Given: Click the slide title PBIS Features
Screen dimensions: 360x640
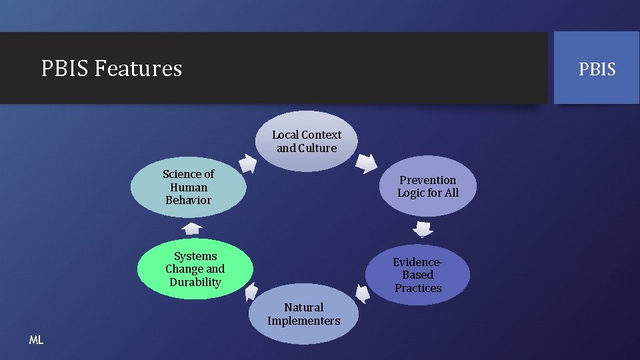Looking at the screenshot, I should pos(111,68).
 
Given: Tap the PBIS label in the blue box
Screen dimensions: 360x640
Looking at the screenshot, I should pos(597,69).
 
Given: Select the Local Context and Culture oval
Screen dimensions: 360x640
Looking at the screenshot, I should pos(306,141).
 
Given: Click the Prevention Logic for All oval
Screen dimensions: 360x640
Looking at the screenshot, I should pos(428,187).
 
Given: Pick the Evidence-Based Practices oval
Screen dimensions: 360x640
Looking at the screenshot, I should pos(418,275).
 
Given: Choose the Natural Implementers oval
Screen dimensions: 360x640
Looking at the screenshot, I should pos(303,314).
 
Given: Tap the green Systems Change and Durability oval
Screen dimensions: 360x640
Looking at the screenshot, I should pos(195,269).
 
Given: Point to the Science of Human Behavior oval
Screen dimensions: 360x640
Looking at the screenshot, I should pos(188,187).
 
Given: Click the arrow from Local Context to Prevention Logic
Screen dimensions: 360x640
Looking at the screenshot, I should pos(366,163).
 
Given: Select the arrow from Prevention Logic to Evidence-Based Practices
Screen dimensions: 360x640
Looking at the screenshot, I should pos(423,229).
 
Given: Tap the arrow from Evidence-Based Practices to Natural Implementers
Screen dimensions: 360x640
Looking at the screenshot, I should pos(363,293).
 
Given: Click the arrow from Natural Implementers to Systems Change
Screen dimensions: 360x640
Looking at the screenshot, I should pos(251,291).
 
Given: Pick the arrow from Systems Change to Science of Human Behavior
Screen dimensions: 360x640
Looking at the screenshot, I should pos(191,229).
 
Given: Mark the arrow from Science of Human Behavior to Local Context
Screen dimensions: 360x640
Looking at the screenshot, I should pos(247,163).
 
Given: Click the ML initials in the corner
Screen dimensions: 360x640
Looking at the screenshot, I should pos(36,340).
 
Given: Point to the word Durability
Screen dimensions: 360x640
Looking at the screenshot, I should pos(195,282).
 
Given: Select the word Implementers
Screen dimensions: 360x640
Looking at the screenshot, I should pos(303,321).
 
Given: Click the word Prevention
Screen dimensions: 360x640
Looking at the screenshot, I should pos(428,180).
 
